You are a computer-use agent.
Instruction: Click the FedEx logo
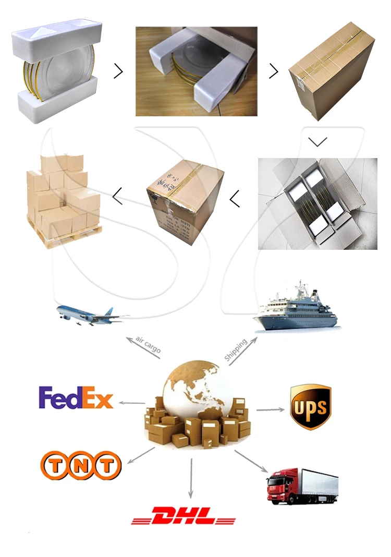pyautogui.click(x=76, y=397)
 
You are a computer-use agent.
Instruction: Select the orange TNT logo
pyautogui.click(x=81, y=465)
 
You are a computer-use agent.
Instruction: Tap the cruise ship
pyautogui.click(x=296, y=310)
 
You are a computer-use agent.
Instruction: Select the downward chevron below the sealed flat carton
pyautogui.click(x=317, y=141)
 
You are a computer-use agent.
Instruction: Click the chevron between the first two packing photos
pyautogui.click(x=118, y=71)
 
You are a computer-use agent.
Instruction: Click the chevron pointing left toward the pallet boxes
pyautogui.click(x=117, y=196)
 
